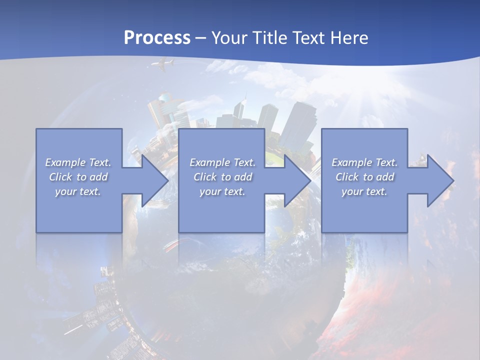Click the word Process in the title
157,38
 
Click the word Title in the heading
270,38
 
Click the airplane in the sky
164,64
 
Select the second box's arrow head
297,180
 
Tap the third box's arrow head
439,180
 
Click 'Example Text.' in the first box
78,162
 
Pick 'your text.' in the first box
78,191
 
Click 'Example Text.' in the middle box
222,162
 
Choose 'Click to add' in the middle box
222,177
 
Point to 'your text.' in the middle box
222,191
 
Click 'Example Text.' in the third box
364,162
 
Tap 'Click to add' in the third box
364,177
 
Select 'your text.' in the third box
364,191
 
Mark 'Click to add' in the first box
78,177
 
